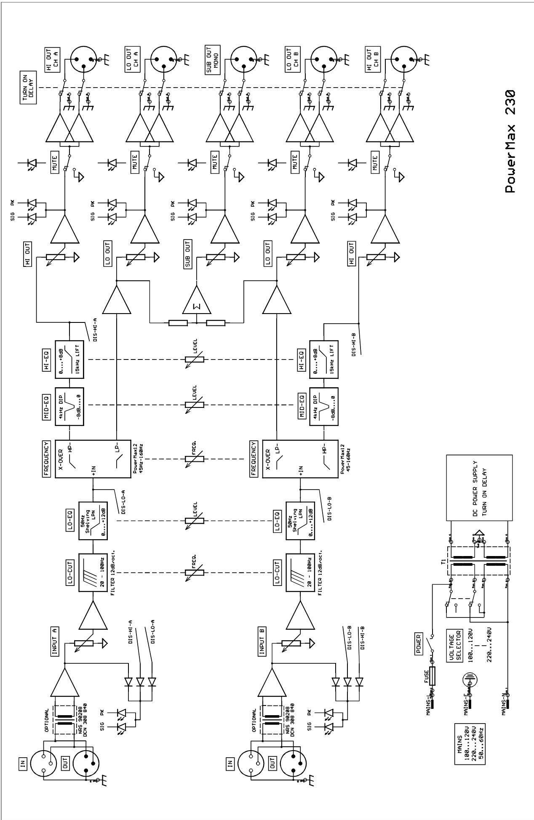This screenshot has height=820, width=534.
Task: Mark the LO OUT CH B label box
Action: click(x=291, y=59)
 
